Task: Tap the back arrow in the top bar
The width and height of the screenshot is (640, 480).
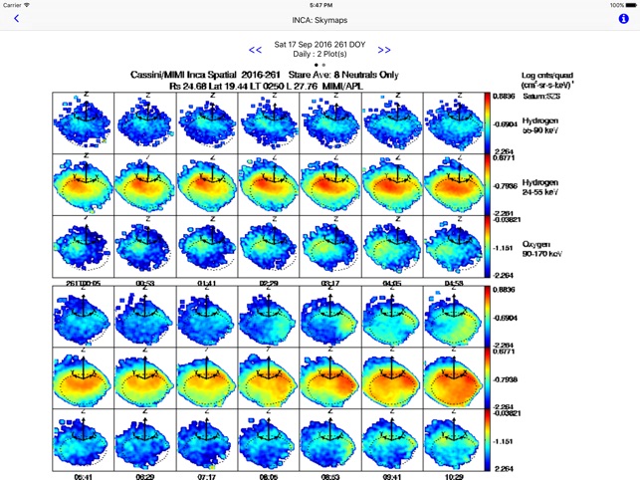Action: coord(17,19)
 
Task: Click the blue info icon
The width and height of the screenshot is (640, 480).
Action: coord(623,19)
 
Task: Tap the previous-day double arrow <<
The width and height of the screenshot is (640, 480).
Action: coord(256,50)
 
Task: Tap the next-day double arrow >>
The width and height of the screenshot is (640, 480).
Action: coord(384,50)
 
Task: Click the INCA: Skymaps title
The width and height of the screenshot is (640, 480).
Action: coord(320,19)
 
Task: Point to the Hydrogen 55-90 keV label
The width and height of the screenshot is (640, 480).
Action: coord(540,125)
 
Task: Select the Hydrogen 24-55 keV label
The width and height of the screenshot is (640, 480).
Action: coord(540,187)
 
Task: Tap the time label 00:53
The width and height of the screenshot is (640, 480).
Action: coord(145,283)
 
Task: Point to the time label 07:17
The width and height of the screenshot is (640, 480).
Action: coord(207,476)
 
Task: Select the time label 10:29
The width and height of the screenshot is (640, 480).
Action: coord(454,476)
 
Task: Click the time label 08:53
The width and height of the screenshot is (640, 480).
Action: coord(330,476)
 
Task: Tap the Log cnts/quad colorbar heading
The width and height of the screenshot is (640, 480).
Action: coord(549,77)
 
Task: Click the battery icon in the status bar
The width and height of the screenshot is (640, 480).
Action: coord(626,5)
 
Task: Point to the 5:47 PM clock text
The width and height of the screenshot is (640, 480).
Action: coord(320,5)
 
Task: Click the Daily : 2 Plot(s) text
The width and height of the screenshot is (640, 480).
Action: coord(320,55)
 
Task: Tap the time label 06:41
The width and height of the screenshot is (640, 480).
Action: coord(84,476)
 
